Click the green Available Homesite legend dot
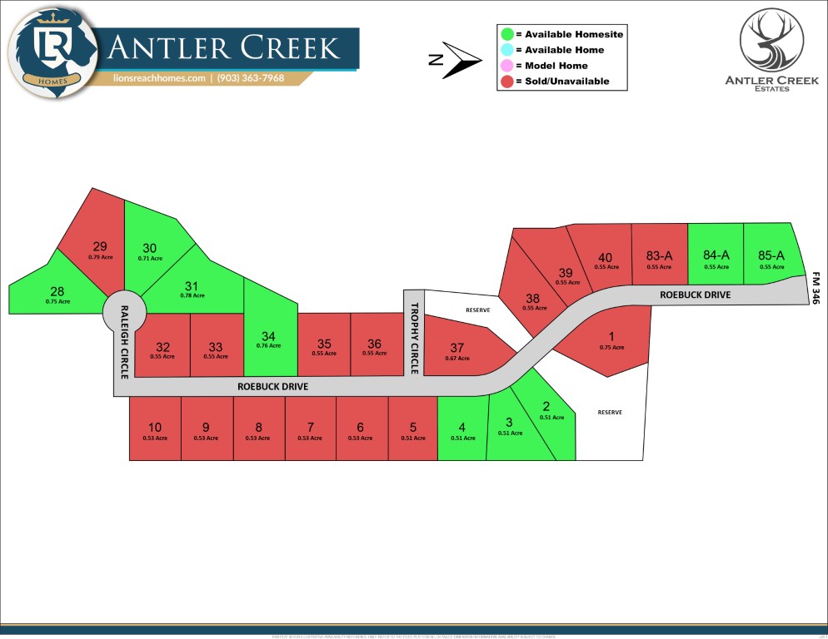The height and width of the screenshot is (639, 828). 506,34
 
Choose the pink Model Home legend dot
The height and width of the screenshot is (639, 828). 506,66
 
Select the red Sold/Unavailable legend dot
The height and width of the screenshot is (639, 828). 506,82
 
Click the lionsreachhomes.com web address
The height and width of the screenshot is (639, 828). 159,78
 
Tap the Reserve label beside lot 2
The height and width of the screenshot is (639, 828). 610,413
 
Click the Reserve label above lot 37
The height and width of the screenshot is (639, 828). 478,310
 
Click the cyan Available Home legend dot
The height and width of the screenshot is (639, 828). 506,50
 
